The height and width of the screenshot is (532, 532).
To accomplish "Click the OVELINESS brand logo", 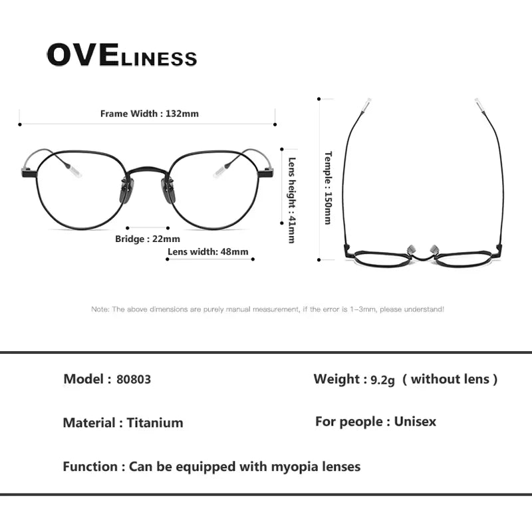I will click(x=122, y=56).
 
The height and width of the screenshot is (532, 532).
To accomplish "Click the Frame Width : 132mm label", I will click(x=149, y=114).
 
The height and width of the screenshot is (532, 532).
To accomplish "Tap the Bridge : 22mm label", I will click(x=148, y=239).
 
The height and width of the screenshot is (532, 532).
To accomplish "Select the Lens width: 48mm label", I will click(x=207, y=251).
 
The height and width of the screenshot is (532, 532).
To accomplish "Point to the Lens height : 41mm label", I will click(x=291, y=199).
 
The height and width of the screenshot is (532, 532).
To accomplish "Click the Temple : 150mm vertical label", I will click(x=328, y=188).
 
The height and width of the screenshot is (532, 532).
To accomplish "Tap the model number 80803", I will click(x=134, y=380).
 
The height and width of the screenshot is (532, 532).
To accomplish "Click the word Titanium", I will click(x=155, y=423).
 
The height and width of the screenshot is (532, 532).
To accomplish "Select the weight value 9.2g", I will click(x=383, y=380).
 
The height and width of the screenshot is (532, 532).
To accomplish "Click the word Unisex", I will click(x=415, y=422).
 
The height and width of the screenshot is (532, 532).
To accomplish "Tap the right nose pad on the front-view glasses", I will click(x=170, y=194).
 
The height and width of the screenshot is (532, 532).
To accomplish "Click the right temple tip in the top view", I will click(x=478, y=104).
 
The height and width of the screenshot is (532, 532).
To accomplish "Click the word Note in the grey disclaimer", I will click(x=99, y=309).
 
